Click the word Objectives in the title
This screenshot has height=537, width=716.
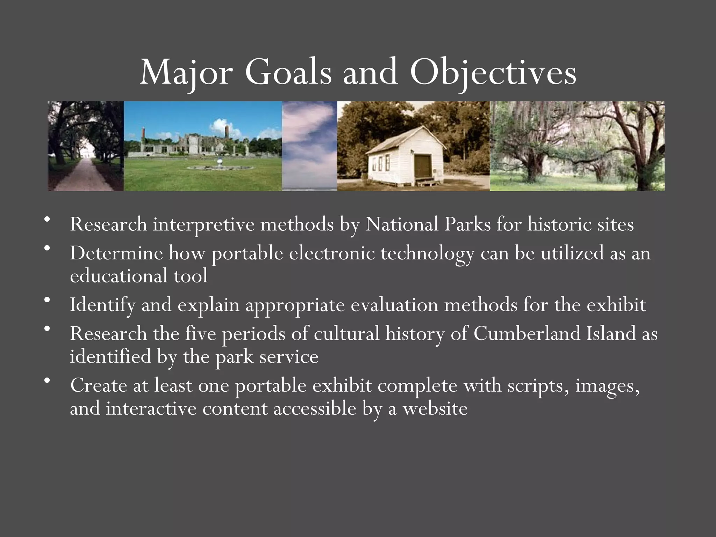[493, 73]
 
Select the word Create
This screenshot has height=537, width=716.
[98, 385]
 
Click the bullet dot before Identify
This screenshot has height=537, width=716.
[48, 300]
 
